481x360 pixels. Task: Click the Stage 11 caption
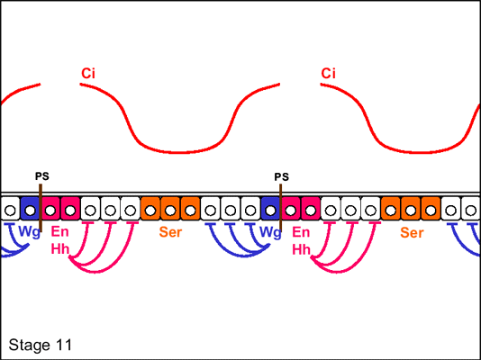pos(41,345)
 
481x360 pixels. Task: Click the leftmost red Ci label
pos(88,74)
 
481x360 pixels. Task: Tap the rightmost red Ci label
pos(328,74)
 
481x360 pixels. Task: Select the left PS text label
pos(42,176)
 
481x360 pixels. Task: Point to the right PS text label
pos(281,177)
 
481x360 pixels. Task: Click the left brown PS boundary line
pos(41,208)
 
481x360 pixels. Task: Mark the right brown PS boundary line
pos(280,208)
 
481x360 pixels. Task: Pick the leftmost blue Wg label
pos(29,232)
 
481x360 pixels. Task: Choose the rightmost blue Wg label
pos(270,232)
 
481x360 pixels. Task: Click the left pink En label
pos(59,231)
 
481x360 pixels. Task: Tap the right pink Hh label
pos(301,249)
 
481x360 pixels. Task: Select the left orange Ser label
pos(170,232)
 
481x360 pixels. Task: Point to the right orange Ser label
pos(412,233)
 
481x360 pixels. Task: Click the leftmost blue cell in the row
pos(30,208)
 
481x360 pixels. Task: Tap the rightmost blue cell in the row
pos(270,208)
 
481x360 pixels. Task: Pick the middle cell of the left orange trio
pos(170,208)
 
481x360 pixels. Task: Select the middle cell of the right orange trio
pos(411,208)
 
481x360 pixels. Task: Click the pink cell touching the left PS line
pos(50,208)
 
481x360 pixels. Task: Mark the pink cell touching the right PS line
pos(291,208)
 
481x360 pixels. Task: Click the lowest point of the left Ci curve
pos(181,152)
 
